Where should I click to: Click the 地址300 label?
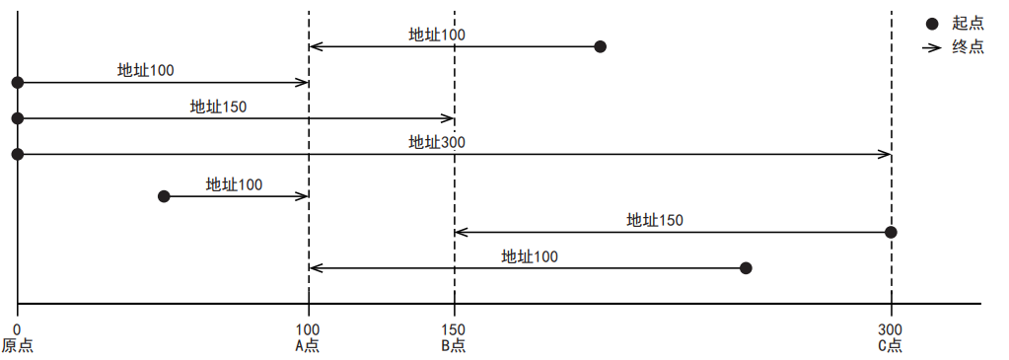[437, 142]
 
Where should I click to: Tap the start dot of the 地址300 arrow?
[17, 154]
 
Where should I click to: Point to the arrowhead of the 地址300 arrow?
[887, 154]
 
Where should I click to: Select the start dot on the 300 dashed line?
[891, 232]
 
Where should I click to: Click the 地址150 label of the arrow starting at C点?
[655, 220]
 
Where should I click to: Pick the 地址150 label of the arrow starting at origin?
[218, 107]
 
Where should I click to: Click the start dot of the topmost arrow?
[600, 46]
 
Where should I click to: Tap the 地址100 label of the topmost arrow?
[437, 35]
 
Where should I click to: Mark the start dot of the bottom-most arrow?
[746, 268]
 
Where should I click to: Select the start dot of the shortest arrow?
[164, 196]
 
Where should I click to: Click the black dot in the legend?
[932, 24]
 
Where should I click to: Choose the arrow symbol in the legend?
[931, 46]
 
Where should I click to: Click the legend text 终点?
[968, 46]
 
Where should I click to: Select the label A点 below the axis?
[308, 345]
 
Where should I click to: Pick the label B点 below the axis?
[454, 345]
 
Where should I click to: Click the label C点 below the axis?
[891, 345]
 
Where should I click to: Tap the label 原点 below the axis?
[17, 345]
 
